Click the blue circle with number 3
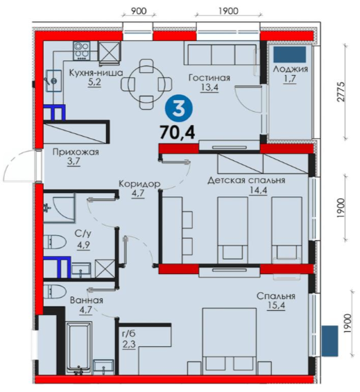click(178, 109)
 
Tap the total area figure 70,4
click(178, 133)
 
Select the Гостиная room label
click(209, 78)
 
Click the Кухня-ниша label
click(96, 73)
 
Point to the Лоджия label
click(290, 69)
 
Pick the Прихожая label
click(76, 152)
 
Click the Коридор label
click(139, 184)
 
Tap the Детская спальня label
click(246, 180)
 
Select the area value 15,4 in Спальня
click(276, 305)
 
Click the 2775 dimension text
click(341, 92)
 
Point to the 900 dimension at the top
click(139, 11)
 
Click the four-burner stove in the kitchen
click(81, 51)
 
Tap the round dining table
click(147, 84)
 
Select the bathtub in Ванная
click(79, 348)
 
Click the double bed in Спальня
click(230, 341)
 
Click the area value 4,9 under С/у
click(83, 245)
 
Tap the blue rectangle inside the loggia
click(290, 54)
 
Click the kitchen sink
click(53, 80)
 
